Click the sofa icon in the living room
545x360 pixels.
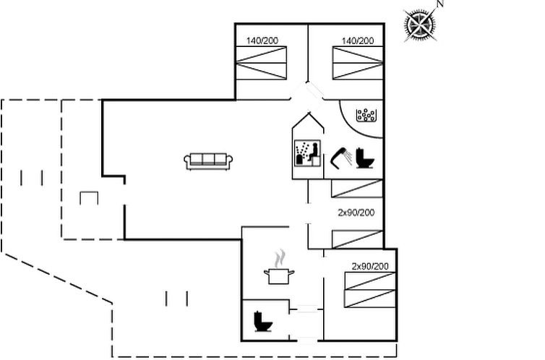(208, 161)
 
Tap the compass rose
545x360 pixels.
(421, 25)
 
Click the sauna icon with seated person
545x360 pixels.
(307, 153)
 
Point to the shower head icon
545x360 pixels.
(341, 158)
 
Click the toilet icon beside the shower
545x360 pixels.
(365, 158)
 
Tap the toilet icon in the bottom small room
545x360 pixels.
(263, 322)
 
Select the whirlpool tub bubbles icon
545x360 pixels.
(366, 115)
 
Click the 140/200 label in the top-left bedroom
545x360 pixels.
(262, 40)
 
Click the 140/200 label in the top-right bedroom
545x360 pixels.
(358, 40)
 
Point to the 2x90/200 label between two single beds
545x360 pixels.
(356, 213)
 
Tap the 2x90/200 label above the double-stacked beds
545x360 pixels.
(370, 266)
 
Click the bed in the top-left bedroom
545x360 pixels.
(262, 63)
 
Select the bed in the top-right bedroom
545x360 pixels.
(358, 63)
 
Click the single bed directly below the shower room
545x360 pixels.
(357, 189)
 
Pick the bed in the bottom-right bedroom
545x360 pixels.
(370, 290)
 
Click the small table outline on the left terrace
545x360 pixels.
(89, 198)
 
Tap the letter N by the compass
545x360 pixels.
(440, 4)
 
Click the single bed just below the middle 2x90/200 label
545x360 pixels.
(358, 239)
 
